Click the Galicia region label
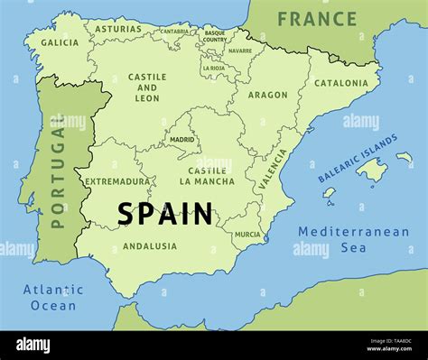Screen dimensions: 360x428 (x=60, y=42)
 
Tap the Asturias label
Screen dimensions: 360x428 (x=118, y=29)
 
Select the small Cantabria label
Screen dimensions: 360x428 (x=174, y=32)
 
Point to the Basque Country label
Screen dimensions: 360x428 (x=215, y=37)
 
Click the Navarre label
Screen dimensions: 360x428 (x=240, y=51)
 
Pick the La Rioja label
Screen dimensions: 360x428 (x=214, y=68)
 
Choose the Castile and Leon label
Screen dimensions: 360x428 (x=147, y=88)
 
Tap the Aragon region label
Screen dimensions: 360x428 (x=268, y=95)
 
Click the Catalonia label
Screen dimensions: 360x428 (x=341, y=83)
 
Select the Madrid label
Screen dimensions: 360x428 (x=182, y=140)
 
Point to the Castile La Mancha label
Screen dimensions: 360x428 (x=211, y=176)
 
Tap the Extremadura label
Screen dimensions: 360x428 (x=117, y=181)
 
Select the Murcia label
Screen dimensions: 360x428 (x=247, y=235)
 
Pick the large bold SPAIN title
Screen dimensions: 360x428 (x=165, y=215)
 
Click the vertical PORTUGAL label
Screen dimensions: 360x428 (x=58, y=176)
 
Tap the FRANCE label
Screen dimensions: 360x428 (x=317, y=18)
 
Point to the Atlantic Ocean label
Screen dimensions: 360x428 (x=53, y=298)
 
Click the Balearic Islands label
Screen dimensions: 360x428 (x=358, y=159)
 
